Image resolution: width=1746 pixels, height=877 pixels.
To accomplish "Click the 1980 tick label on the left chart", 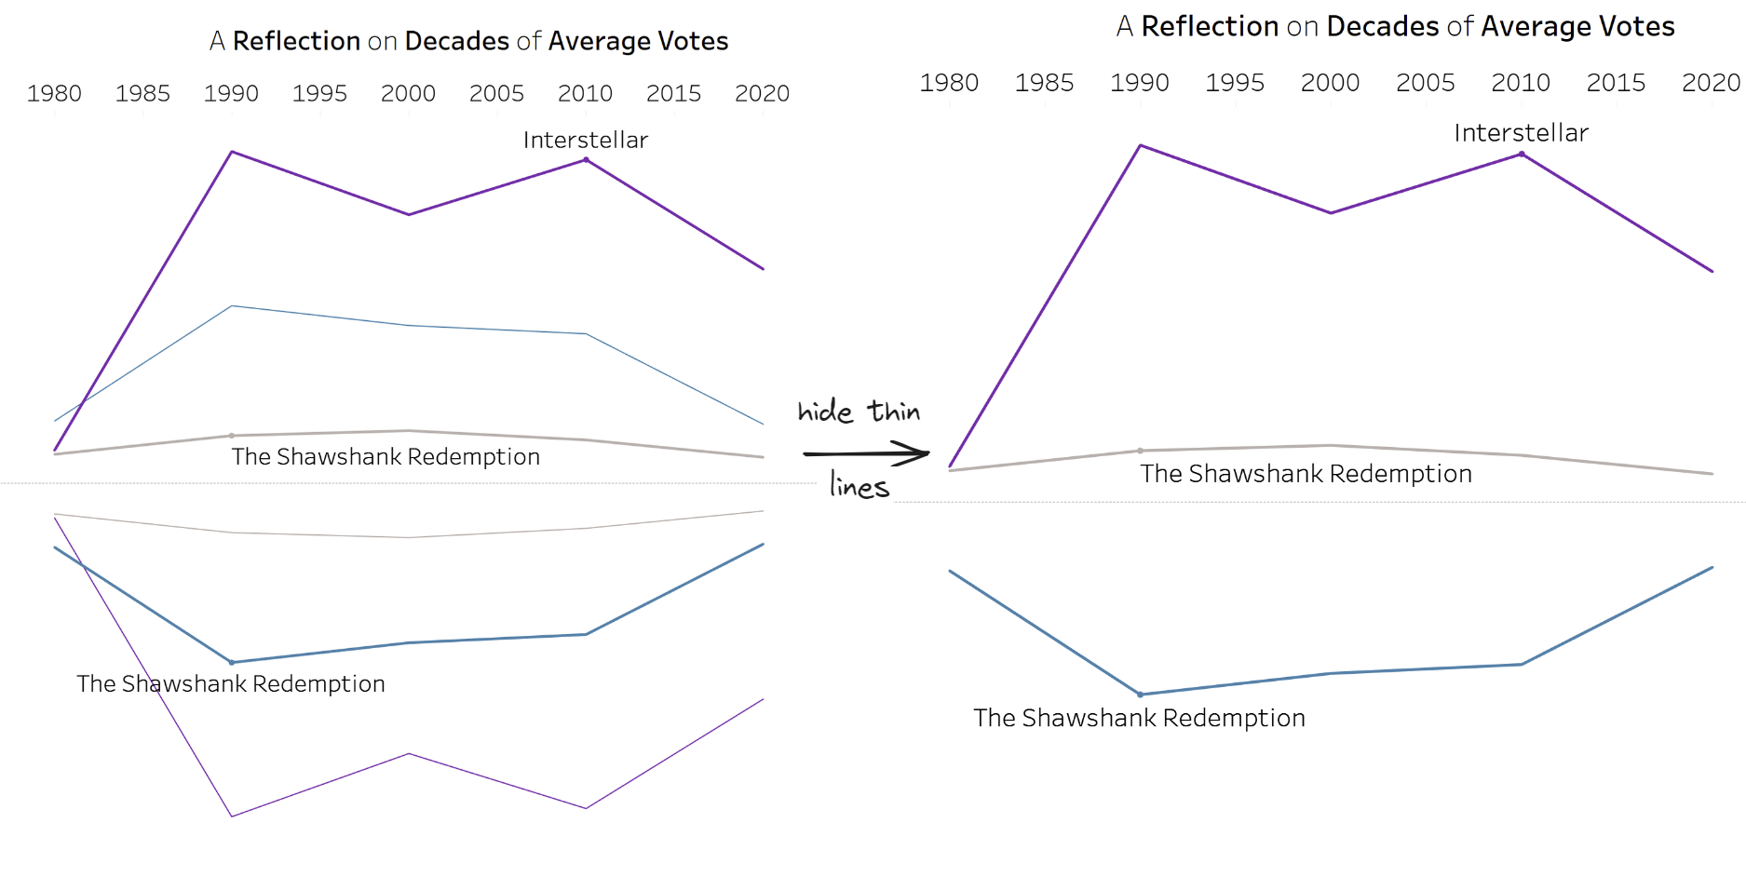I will tap(54, 93).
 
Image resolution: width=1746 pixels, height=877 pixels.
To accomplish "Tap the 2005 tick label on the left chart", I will tap(496, 93).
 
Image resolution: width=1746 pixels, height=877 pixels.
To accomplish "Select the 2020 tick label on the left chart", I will tap(762, 93).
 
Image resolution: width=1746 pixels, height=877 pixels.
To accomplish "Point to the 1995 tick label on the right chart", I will tap(1235, 83).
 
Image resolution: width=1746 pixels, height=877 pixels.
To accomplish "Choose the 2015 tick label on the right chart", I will tap(1616, 83).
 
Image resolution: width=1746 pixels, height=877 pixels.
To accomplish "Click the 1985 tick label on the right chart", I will tap(1044, 83).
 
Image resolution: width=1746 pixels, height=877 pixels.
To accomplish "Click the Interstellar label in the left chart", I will tap(585, 140).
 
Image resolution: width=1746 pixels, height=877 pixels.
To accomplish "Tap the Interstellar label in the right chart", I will tap(1521, 133).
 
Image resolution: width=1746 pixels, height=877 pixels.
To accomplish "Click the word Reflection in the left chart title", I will tap(296, 41).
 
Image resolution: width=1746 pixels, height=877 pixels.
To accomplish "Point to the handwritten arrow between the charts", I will tap(866, 453).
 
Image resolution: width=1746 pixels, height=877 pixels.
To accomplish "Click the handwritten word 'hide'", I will tap(825, 412).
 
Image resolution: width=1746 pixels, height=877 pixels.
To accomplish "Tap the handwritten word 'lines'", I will tap(859, 486).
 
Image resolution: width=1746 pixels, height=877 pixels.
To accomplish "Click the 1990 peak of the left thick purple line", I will tap(232, 152).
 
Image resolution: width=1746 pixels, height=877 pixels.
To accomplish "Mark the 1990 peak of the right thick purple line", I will tap(1140, 145).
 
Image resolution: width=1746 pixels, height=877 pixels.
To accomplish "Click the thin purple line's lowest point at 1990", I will tap(232, 816).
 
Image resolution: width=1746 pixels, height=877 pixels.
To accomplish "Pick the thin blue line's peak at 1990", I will tap(232, 306).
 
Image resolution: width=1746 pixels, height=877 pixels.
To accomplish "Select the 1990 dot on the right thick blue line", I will tap(1140, 695).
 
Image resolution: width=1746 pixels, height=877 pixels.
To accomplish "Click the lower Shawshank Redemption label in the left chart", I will tap(231, 683).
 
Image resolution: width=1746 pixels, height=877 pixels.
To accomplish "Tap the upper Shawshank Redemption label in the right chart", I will tap(1306, 474).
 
